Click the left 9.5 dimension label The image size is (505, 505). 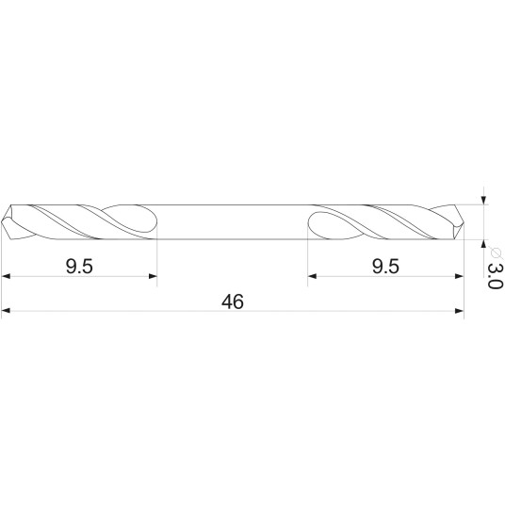79,267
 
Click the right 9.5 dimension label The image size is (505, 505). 385,267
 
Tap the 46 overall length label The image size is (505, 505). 233,301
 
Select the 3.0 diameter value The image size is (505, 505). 495,276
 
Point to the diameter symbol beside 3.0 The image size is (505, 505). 495,252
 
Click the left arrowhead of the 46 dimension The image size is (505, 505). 6,311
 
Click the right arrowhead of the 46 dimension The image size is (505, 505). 459,311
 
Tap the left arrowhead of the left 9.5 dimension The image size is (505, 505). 6,276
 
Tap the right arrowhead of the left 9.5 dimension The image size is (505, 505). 153,276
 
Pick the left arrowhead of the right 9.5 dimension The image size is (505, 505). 312,276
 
